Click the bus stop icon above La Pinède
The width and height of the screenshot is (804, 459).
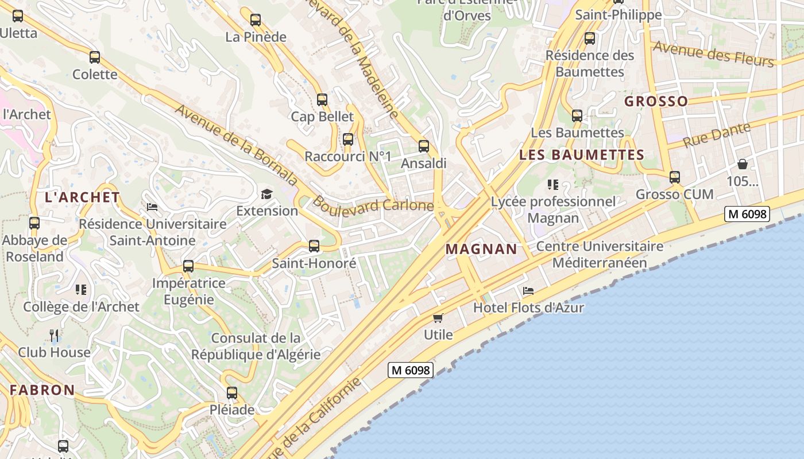tap(256, 20)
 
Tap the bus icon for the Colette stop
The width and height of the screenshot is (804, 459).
tap(95, 57)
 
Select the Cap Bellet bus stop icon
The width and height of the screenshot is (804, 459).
tap(322, 100)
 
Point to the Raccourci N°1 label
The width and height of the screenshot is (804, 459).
tap(347, 157)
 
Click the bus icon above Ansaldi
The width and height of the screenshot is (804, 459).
tap(424, 146)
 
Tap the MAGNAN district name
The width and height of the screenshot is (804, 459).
tap(481, 249)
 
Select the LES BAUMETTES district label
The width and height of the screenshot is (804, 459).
tap(581, 155)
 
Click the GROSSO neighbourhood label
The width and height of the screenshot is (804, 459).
tap(656, 102)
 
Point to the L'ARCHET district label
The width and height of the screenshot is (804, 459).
tap(82, 197)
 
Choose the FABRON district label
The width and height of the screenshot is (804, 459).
tap(42, 390)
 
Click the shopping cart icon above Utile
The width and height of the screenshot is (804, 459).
tap(438, 318)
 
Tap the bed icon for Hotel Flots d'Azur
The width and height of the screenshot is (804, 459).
tap(528, 290)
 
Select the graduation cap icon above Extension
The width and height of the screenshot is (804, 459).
tap(266, 194)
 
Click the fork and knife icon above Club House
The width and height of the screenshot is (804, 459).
tap(54, 335)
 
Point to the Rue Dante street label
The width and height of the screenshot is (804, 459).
tap(716, 135)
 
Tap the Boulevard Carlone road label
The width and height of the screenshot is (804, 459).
tap(373, 205)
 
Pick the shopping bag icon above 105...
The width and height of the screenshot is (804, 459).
tap(743, 164)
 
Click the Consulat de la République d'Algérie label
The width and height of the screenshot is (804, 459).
tap(256, 346)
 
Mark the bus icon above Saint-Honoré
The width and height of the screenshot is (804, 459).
tap(314, 246)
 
